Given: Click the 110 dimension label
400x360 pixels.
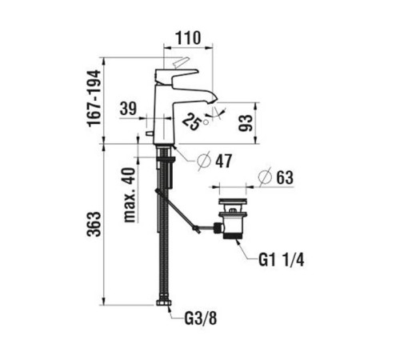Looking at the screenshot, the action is click(x=188, y=38).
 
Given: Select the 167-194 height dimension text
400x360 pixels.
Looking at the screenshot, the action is click(x=94, y=98).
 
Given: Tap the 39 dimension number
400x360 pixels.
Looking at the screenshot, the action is click(x=128, y=108).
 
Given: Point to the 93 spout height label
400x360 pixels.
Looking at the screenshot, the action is click(x=245, y=123).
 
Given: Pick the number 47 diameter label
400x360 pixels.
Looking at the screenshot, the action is click(x=224, y=161).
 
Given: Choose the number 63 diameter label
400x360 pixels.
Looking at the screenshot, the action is click(x=285, y=178).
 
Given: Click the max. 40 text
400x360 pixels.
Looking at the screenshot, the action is click(x=131, y=194).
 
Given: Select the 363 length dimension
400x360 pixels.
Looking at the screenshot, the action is click(x=94, y=224).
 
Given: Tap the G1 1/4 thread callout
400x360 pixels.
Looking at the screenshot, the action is click(x=281, y=260).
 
